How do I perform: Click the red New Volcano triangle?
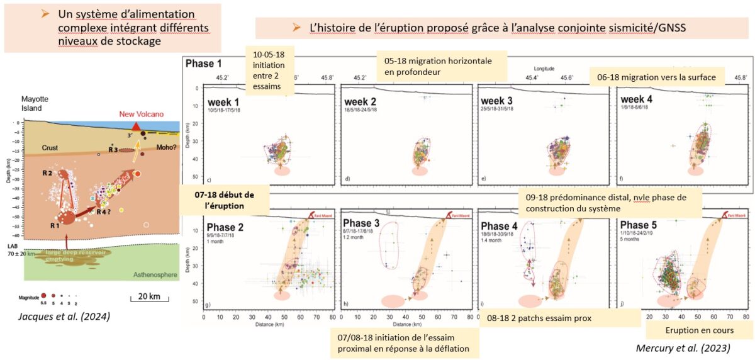click(x=135, y=127)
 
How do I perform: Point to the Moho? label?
click(x=166, y=148)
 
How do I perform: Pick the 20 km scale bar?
click(x=145, y=299)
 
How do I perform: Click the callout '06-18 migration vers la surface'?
click(x=657, y=77)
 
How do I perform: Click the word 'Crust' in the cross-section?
click(x=50, y=148)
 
